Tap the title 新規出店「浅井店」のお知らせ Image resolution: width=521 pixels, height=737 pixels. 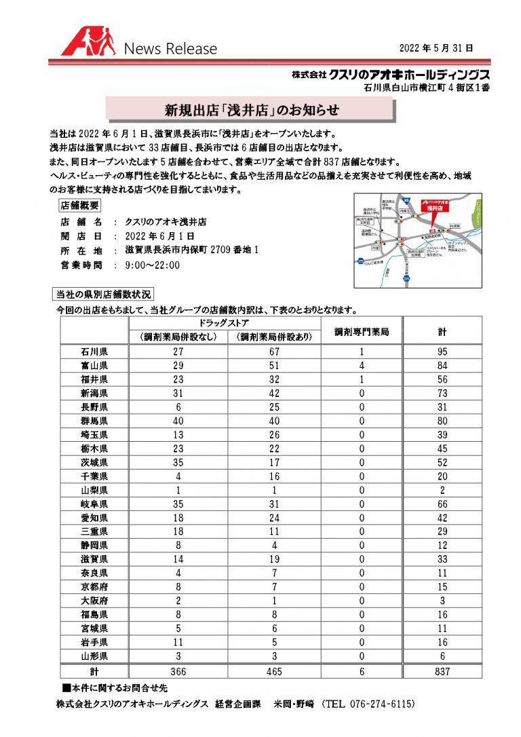tap(252, 109)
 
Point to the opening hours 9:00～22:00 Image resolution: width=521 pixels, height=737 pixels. tap(153, 265)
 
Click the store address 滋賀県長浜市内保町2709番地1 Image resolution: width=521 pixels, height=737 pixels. tap(192, 250)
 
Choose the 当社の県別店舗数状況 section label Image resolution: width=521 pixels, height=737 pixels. tap(104, 295)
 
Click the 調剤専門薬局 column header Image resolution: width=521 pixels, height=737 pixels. tap(362, 333)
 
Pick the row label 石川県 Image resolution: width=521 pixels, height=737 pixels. tap(94, 352)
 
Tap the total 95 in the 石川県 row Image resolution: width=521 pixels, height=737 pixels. tap(442, 352)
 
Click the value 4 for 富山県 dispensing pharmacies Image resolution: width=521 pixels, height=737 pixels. tap(362, 365)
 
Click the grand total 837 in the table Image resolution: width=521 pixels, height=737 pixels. tap(442, 670)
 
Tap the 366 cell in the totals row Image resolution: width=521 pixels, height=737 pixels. tap(178, 670)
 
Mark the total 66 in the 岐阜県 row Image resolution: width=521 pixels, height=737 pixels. tap(442, 504)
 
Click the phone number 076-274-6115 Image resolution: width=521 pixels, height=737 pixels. tap(369, 705)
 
